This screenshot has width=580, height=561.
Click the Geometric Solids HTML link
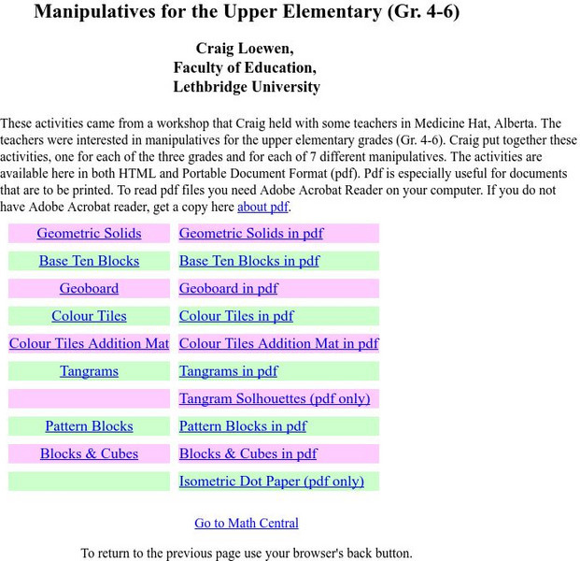(x=89, y=234)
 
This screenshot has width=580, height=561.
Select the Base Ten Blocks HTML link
(x=89, y=261)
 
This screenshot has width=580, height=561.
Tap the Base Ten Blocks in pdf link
(x=248, y=261)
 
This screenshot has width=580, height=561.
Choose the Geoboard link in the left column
(x=89, y=289)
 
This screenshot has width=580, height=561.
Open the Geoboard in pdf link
(x=228, y=289)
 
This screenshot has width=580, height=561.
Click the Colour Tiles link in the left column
(x=89, y=316)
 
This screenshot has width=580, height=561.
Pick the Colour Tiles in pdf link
(x=236, y=316)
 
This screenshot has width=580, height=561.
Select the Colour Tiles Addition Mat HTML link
(x=89, y=344)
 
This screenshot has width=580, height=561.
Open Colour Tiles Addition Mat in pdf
(x=278, y=344)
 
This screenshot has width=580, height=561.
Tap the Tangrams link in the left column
(x=89, y=371)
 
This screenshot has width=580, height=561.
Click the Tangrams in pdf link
(x=228, y=371)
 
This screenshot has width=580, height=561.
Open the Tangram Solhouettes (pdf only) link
(x=274, y=399)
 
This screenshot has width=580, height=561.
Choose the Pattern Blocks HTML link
(x=89, y=426)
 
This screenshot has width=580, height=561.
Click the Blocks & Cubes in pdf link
(x=248, y=454)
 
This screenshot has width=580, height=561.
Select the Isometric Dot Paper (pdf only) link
(x=271, y=482)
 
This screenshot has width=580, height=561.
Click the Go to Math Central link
(x=247, y=524)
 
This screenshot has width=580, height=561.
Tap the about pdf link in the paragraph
(x=262, y=208)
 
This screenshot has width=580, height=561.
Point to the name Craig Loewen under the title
(x=247, y=48)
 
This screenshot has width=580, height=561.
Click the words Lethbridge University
(x=247, y=87)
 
